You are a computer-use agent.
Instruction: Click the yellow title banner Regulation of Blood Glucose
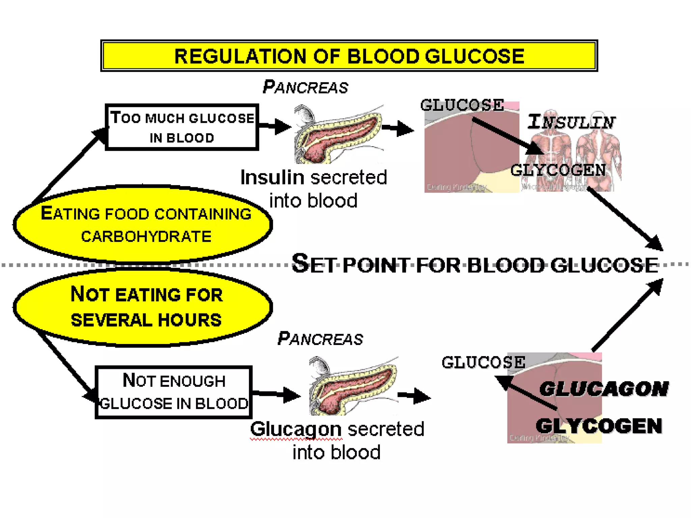click(x=349, y=56)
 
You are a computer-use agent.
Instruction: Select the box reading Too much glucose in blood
click(x=182, y=127)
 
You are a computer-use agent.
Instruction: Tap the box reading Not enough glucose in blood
click(x=174, y=392)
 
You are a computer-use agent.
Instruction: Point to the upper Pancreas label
click(x=305, y=87)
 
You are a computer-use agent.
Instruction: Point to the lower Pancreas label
click(x=320, y=339)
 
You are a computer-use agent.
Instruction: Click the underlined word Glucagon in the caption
click(x=296, y=429)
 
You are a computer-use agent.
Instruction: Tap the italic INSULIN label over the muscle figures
click(x=572, y=122)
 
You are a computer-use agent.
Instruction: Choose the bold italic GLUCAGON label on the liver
click(x=604, y=389)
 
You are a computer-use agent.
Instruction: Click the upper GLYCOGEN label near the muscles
click(x=558, y=170)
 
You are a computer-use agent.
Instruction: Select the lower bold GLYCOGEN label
click(x=599, y=426)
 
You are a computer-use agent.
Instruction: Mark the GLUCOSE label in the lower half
click(x=483, y=362)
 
